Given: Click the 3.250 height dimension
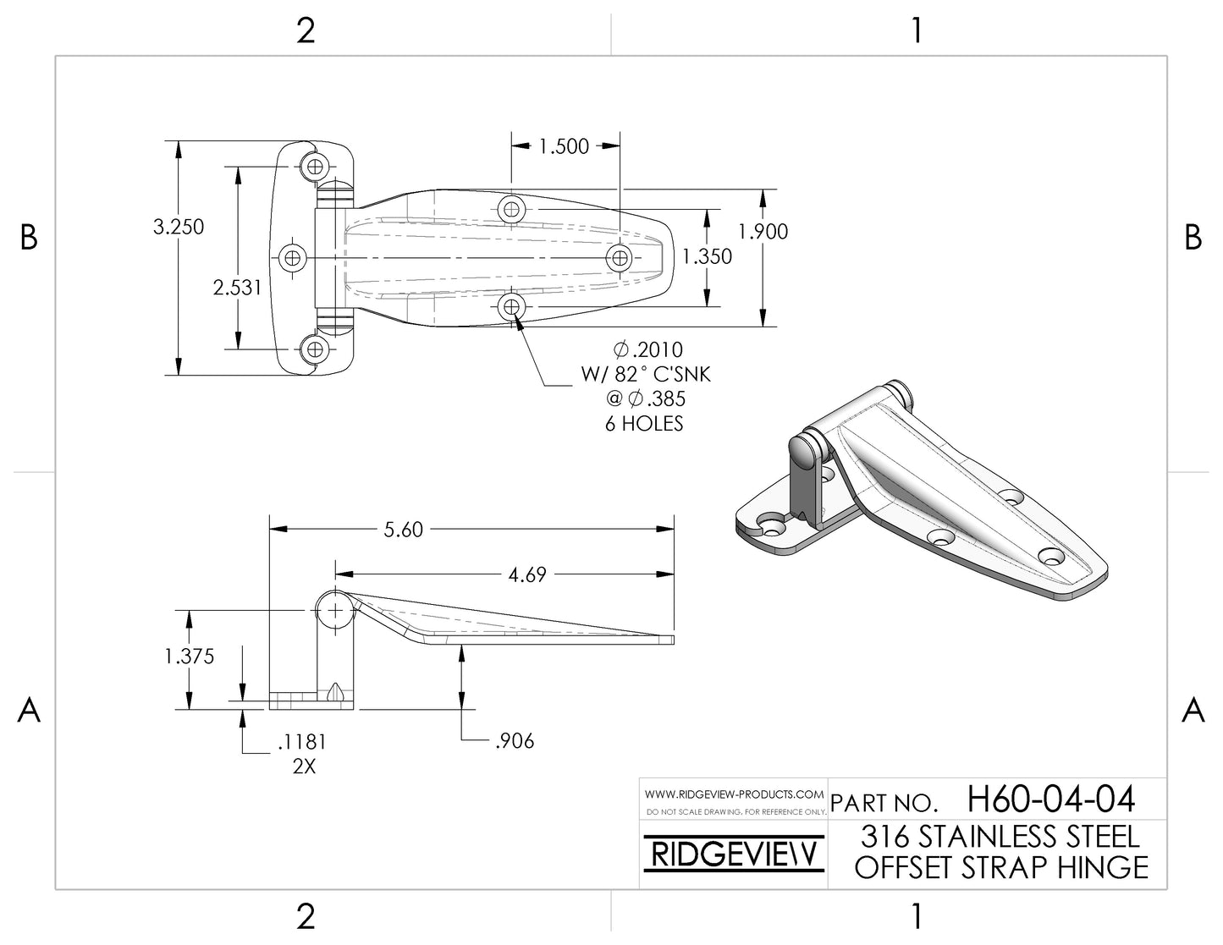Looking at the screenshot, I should click(179, 227).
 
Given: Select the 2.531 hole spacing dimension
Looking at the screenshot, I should click(237, 288).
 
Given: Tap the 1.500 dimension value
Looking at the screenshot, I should click(564, 146).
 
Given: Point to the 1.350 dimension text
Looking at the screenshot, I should click(707, 256).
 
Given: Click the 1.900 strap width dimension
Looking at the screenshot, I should click(763, 231).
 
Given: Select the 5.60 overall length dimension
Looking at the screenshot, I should click(403, 530).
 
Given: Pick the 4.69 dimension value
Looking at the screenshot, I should click(526, 575).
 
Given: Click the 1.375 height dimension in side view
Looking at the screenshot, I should click(190, 657).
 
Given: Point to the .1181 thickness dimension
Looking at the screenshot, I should click(301, 742).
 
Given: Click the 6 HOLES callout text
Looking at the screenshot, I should click(643, 424).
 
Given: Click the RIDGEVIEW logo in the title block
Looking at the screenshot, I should click(732, 854).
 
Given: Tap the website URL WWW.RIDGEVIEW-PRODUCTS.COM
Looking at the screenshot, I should click(734, 794).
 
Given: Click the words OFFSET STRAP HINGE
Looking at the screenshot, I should click(1001, 868).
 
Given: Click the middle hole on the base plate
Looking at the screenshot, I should click(293, 257).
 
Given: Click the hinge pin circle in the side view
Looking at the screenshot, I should click(336, 609).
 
